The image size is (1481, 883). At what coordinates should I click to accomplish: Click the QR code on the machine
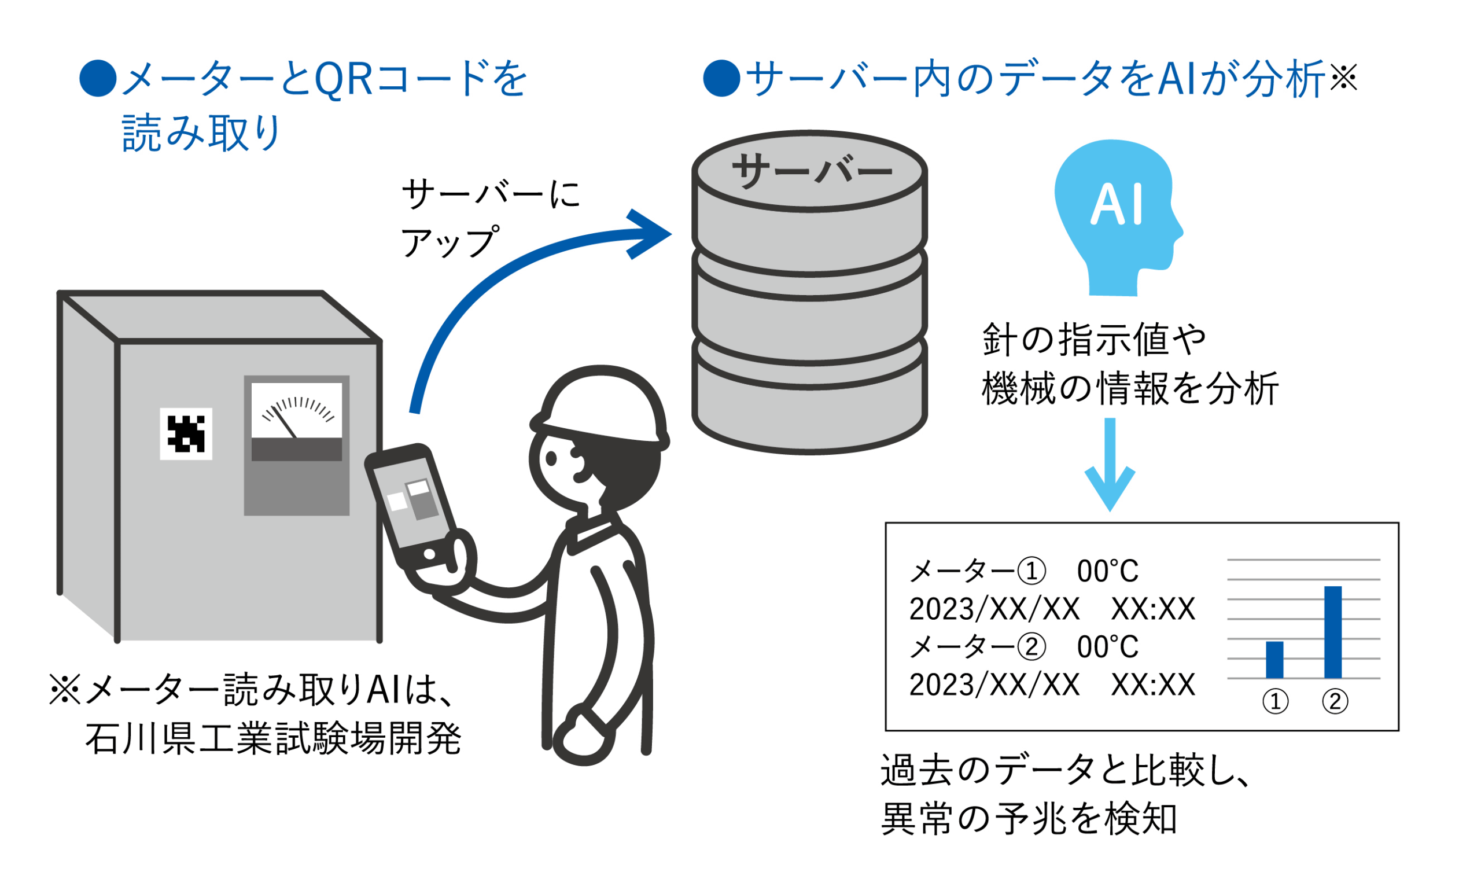click(x=186, y=434)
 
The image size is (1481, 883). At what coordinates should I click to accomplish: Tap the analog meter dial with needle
click(x=296, y=411)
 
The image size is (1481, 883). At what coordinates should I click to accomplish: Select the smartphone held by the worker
click(x=414, y=506)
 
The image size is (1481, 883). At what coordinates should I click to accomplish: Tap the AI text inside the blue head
click(x=1117, y=204)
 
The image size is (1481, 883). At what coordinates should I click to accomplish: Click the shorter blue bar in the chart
click(x=1274, y=659)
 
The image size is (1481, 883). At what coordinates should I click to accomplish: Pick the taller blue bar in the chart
click(x=1333, y=632)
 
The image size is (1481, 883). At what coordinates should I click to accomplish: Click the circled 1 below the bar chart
click(x=1275, y=702)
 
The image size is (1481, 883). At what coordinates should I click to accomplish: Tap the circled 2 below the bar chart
click(x=1335, y=702)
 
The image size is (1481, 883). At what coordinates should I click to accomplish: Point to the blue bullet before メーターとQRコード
click(x=98, y=78)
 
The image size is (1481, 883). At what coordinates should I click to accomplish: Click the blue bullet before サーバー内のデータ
click(x=721, y=78)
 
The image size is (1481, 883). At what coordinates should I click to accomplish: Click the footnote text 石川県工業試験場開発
click(x=273, y=739)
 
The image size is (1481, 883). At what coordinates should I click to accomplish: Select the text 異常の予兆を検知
click(x=1029, y=819)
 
